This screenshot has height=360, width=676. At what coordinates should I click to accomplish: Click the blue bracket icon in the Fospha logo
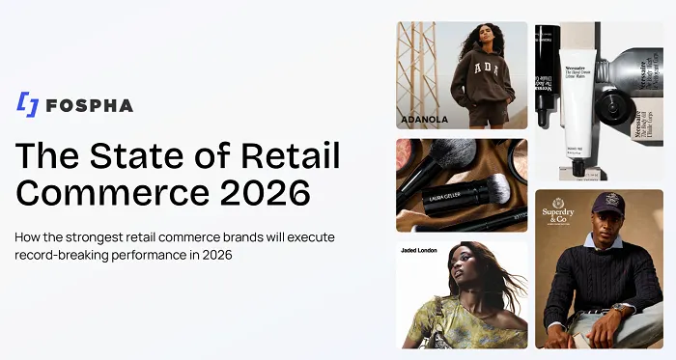[x=29, y=104]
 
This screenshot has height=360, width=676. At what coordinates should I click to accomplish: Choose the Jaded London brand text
[x=421, y=250]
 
